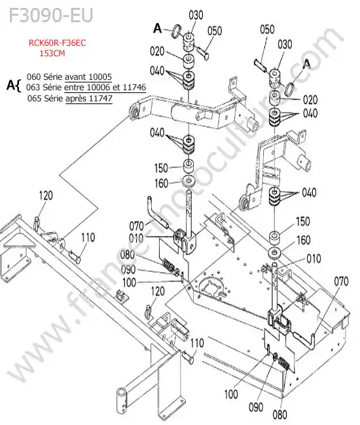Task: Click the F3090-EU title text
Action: (x=51, y=15)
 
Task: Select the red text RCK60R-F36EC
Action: (x=57, y=42)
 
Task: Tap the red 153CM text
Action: (x=52, y=53)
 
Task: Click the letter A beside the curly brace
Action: (x=10, y=85)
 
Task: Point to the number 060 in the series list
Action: (x=33, y=76)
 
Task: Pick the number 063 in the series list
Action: (x=33, y=87)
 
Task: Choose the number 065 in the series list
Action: (x=34, y=98)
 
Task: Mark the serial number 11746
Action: (x=135, y=87)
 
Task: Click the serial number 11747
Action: (x=101, y=98)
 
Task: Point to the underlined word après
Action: (x=76, y=99)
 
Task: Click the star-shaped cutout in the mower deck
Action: (x=211, y=287)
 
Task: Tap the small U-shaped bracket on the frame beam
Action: (x=120, y=295)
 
